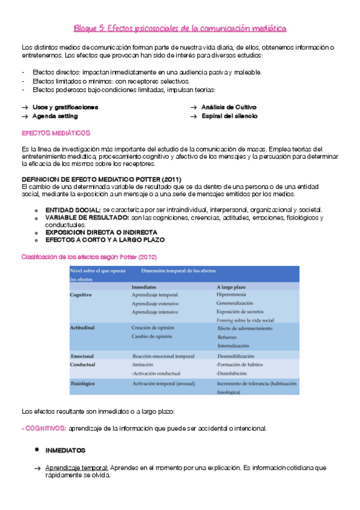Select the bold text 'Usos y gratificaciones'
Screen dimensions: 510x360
(66, 107)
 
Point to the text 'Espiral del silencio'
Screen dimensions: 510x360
(229, 116)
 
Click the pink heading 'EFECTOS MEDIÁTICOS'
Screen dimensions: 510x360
(55, 132)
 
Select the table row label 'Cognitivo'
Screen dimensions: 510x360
(81, 295)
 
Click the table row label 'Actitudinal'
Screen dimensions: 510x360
(83, 328)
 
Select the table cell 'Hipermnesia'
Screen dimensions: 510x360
(232, 295)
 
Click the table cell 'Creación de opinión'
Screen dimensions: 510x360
(154, 328)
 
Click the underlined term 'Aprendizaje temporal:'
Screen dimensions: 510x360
(76, 467)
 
